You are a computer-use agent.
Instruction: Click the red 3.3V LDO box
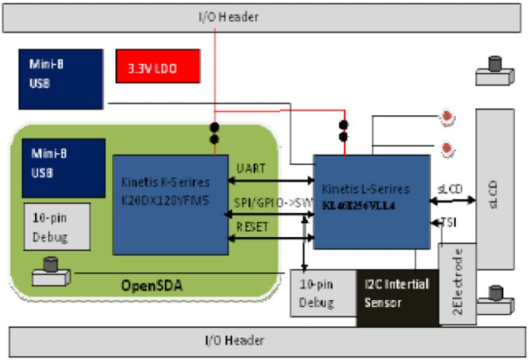click(x=156, y=68)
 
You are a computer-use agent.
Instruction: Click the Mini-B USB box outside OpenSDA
click(x=61, y=79)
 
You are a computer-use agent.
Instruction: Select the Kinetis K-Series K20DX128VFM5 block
click(x=170, y=204)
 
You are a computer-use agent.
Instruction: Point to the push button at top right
click(x=493, y=71)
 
